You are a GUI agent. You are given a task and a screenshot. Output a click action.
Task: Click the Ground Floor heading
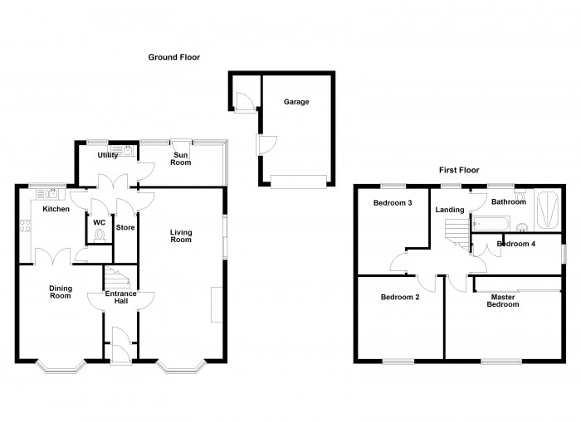pyautogui.click(x=173, y=57)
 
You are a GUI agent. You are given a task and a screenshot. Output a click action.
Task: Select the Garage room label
pyautogui.click(x=297, y=102)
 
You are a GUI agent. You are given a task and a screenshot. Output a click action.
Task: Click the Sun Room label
pyautogui.click(x=181, y=158)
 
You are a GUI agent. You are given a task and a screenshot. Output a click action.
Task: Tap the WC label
pyautogui.click(x=99, y=222)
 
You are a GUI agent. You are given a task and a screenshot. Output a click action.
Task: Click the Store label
pyautogui.click(x=125, y=227)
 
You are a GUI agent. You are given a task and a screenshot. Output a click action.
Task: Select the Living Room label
pyautogui.click(x=181, y=235)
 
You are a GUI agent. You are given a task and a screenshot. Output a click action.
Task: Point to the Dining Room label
pyautogui.click(x=61, y=292)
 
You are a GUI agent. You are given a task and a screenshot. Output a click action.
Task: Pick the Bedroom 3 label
pyautogui.click(x=392, y=203)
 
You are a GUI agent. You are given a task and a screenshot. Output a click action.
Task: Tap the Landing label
pyautogui.click(x=450, y=210)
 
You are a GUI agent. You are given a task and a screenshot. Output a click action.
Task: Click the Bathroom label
pyautogui.click(x=508, y=201)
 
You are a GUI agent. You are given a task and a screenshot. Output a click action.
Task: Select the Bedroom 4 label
pyautogui.click(x=515, y=244)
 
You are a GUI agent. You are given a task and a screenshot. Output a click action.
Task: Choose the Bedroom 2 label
pyautogui.click(x=399, y=297)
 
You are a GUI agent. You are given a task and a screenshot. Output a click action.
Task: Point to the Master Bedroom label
pyautogui.click(x=504, y=300)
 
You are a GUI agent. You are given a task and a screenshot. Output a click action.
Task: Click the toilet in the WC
pyautogui.click(x=101, y=235)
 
